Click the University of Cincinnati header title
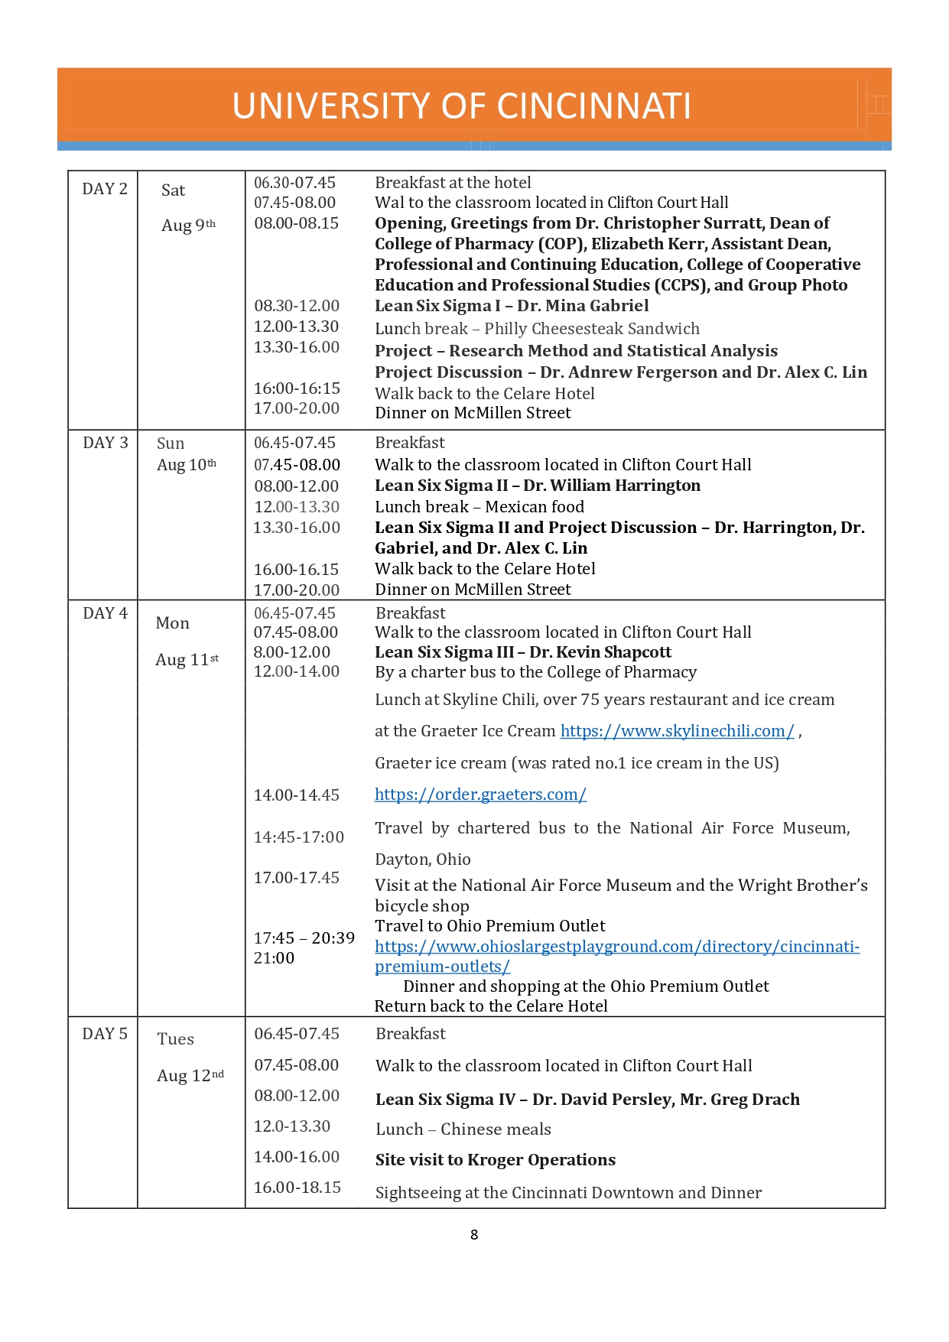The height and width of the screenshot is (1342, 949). (461, 106)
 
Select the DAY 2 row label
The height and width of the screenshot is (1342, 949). (105, 189)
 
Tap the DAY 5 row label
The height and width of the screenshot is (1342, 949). (105, 1034)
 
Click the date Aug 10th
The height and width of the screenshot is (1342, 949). (187, 465)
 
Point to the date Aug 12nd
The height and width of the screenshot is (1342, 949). (190, 1076)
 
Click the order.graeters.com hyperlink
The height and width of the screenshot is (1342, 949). (480, 794)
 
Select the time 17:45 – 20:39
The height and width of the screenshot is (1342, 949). (304, 938)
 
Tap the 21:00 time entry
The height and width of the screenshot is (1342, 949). (274, 958)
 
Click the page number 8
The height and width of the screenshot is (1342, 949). (474, 1235)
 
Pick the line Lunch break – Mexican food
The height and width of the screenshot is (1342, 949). (479, 507)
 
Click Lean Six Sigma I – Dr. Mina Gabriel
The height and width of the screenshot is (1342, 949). (512, 306)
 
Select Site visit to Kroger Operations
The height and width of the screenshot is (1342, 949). (496, 1160)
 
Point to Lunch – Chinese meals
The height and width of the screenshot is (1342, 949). (463, 1129)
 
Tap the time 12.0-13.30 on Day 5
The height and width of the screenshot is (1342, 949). (292, 1126)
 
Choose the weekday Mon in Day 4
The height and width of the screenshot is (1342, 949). (173, 623)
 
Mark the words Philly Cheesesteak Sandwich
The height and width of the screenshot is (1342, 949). (592, 329)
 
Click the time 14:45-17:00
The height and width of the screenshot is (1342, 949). (299, 837)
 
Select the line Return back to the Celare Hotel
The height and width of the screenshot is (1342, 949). (491, 1006)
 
